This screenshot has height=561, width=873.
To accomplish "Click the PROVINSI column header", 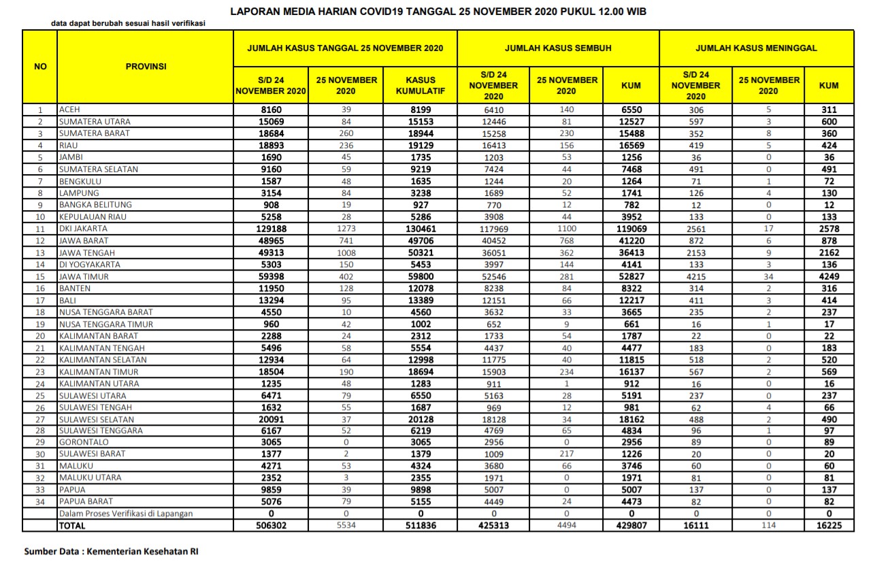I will pyautogui.click(x=146, y=67).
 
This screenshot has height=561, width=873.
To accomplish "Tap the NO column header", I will pyautogui.click(x=40, y=67).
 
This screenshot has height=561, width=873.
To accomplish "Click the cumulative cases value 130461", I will pyautogui.click(x=421, y=229).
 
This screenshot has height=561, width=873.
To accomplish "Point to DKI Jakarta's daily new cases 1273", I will pyautogui.click(x=346, y=229).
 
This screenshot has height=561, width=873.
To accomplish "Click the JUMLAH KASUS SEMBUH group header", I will pyautogui.click(x=557, y=48).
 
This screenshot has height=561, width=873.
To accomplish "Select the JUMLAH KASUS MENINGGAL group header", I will pyautogui.click(x=755, y=48).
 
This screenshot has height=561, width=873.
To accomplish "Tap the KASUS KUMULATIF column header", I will pyautogui.click(x=421, y=85).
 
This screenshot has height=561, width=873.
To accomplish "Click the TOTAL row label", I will pyautogui.click(x=72, y=526).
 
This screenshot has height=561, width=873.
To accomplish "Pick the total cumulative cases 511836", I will pyautogui.click(x=421, y=526).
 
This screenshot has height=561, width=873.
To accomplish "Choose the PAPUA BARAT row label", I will pyautogui.click(x=86, y=502).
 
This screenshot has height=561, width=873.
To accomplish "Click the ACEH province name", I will pyautogui.click(x=69, y=109).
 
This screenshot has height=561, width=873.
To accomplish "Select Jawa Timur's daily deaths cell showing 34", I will pyautogui.click(x=768, y=277).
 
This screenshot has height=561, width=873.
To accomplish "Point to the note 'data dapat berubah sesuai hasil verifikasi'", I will pyautogui.click(x=129, y=24).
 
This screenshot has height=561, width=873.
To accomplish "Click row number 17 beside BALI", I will pyautogui.click(x=40, y=301).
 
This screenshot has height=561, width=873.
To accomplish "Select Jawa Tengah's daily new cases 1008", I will pyautogui.click(x=346, y=253).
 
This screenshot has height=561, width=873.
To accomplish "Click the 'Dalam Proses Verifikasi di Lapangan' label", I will pyautogui.click(x=126, y=513).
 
